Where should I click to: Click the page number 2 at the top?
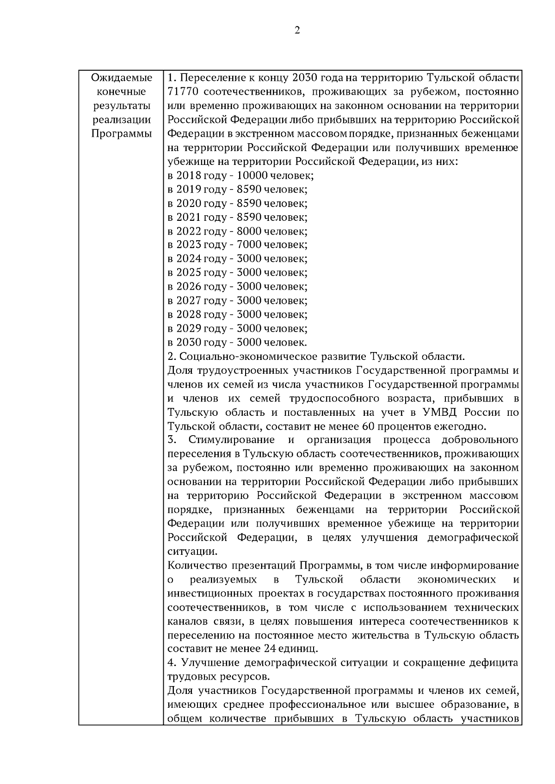pyautogui.click(x=296, y=30)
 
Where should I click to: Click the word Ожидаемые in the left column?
pyautogui.click(x=122, y=78)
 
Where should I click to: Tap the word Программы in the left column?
pyautogui.click(x=122, y=134)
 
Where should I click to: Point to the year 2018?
pyautogui.click(x=188, y=176)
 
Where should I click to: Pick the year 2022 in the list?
pyautogui.click(x=188, y=231)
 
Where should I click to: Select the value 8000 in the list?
pyautogui.click(x=249, y=231)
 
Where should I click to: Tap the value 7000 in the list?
pyautogui.click(x=249, y=245)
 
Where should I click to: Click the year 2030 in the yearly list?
pyautogui.click(x=188, y=342)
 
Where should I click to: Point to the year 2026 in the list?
pyautogui.click(x=188, y=286)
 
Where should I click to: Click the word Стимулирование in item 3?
pyautogui.click(x=231, y=439)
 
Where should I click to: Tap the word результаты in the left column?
pyautogui.click(x=122, y=106)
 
